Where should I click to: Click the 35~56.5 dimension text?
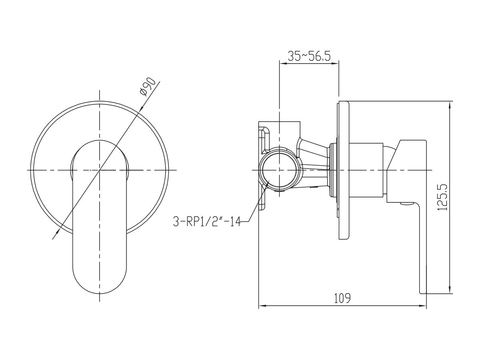[308, 56]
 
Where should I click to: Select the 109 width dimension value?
[342, 298]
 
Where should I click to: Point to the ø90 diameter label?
[147, 87]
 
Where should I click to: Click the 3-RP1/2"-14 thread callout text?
[207, 222]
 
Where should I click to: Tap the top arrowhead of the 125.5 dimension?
[450, 105]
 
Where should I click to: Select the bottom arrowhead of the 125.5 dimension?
[450, 290]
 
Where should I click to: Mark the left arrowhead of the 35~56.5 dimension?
[283, 64]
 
